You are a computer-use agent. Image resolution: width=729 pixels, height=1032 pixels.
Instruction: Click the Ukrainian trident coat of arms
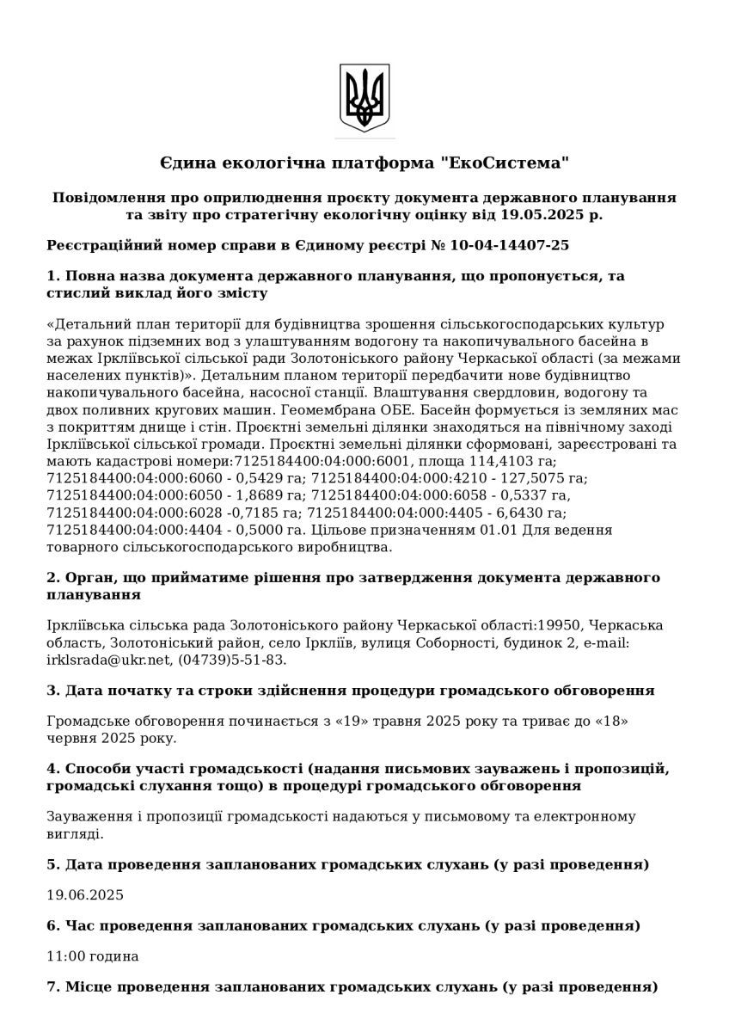point(364,96)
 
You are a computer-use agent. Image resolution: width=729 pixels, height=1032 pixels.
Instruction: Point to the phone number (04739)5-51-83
point(232,660)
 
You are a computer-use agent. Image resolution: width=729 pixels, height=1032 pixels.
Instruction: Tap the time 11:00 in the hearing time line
point(64,955)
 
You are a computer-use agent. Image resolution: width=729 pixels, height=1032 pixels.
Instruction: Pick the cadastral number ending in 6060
point(135,476)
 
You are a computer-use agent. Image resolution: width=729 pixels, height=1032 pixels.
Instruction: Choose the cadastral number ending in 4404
point(135,529)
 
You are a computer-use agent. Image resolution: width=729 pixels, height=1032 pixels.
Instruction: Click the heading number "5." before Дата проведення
point(52,863)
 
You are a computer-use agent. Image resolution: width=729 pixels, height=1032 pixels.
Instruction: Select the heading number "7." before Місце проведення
point(52,986)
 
